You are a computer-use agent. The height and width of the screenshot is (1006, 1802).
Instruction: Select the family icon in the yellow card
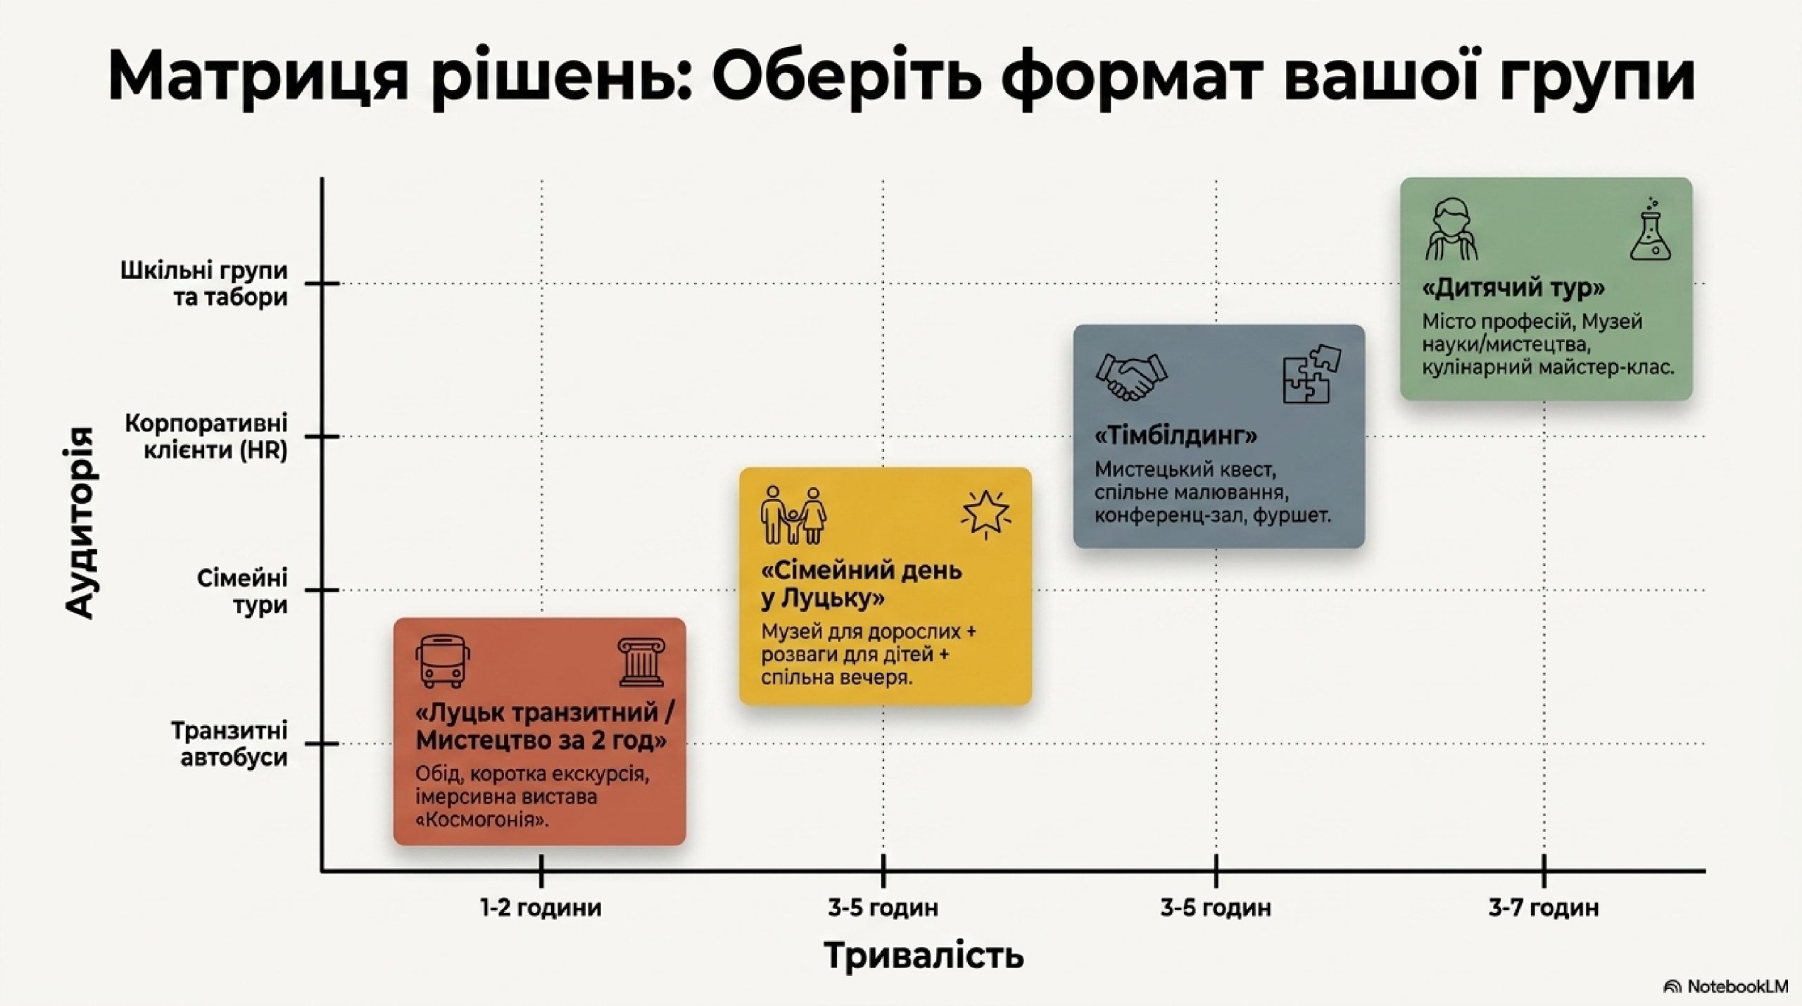pos(793,515)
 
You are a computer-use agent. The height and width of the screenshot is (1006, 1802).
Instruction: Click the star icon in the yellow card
pos(985,514)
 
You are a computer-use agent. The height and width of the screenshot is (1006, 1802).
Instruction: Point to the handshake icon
pos(1131,377)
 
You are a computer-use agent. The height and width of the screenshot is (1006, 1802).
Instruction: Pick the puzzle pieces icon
pos(1311,374)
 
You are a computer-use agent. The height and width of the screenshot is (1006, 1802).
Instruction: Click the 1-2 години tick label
pos(541,908)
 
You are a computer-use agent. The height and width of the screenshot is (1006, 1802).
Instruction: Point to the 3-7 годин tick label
pos(1544,908)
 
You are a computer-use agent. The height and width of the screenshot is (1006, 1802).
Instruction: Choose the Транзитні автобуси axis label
pos(229,744)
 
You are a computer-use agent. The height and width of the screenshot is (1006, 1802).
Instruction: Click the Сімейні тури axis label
pos(243,591)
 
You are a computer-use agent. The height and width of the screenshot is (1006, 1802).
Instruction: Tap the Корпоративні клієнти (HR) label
pos(206,436)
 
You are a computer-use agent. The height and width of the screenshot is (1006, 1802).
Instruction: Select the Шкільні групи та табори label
pos(204,284)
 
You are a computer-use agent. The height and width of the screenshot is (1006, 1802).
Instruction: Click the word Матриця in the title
pos(258,76)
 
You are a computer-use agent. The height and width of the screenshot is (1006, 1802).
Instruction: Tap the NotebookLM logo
pos(1725,987)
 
